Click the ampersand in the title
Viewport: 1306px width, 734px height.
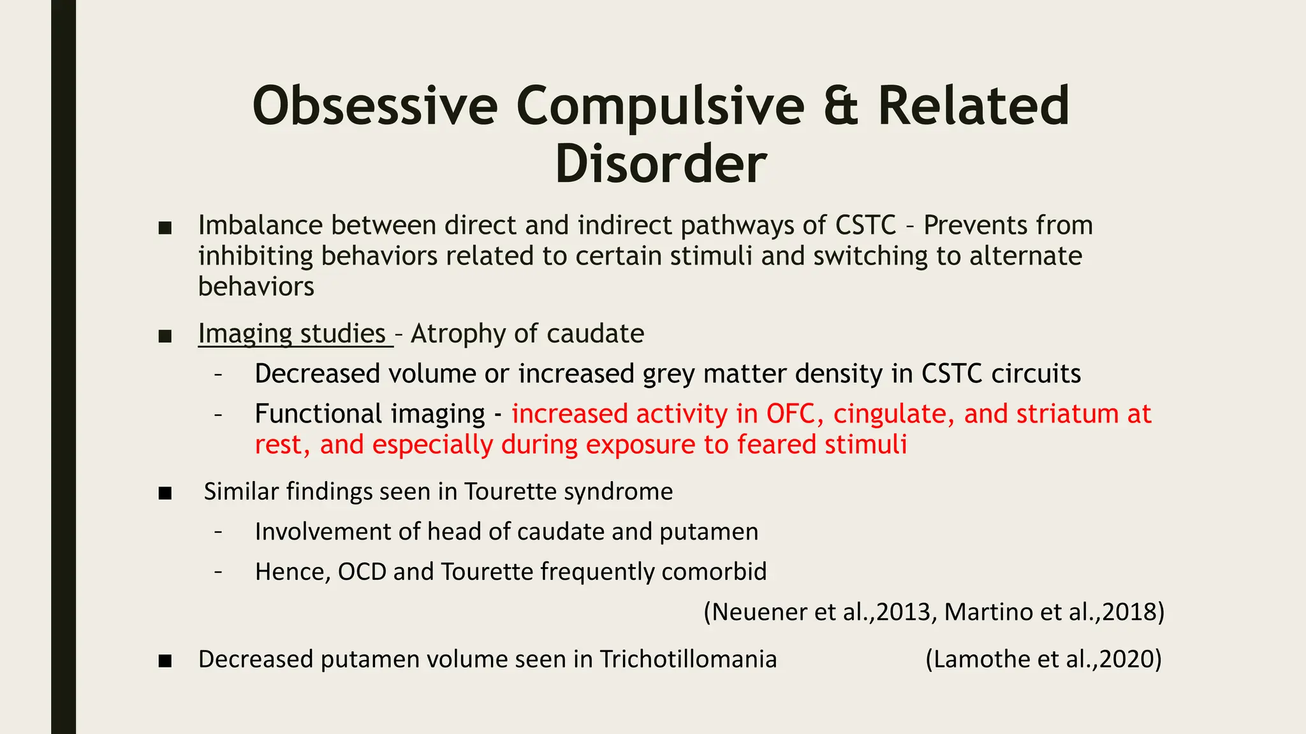[841, 106]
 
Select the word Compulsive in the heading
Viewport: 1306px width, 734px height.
[659, 106]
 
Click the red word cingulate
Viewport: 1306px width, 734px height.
[893, 414]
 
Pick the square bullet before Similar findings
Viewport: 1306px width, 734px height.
[165, 493]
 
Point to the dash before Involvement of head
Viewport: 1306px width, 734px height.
[219, 532]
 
